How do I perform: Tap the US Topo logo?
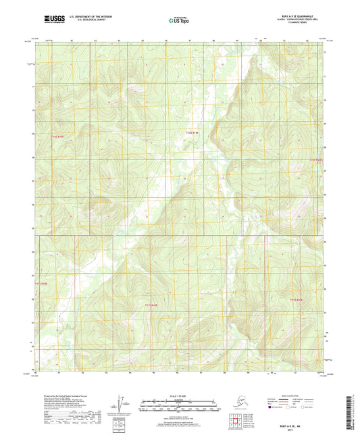pos(179,21)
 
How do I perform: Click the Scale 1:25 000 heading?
pos(179,395)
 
